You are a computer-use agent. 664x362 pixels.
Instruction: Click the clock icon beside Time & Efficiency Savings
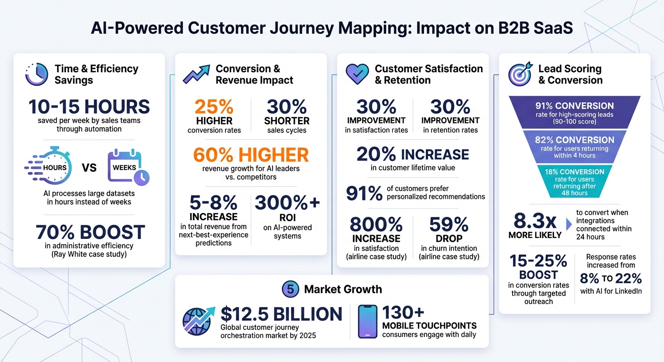coord(36,74)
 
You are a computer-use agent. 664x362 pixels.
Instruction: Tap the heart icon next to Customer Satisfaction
coord(357,74)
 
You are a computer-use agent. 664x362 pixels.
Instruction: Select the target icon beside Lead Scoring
coord(520,74)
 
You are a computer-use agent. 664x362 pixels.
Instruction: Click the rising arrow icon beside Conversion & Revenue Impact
coord(196,74)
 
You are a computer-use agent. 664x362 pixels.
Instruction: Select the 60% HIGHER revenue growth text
coord(250,155)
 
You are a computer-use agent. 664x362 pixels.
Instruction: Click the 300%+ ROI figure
coord(287,203)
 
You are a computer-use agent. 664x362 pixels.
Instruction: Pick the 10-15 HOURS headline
coord(89,107)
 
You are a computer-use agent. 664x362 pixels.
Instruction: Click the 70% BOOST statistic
coord(90,232)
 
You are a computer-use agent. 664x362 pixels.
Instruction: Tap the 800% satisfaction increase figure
coord(376,224)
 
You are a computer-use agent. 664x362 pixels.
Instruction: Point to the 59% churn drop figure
coord(448,224)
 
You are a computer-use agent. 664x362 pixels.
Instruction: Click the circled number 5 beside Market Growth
coord(290,289)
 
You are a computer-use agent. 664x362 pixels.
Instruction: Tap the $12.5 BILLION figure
coord(281,314)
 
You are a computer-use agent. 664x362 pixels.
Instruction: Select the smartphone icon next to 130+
coord(367,321)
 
